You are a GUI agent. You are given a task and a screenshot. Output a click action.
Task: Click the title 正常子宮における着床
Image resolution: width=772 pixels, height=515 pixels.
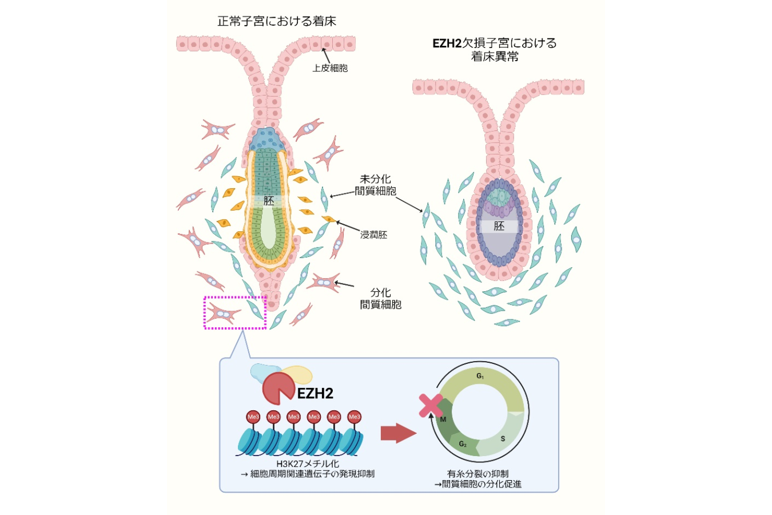277,21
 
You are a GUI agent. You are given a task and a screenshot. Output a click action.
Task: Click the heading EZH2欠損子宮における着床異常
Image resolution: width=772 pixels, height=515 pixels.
495,50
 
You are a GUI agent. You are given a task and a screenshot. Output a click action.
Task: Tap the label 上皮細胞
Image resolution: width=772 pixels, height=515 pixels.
330,68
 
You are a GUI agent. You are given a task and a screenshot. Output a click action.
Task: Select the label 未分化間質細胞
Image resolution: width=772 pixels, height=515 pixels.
375,185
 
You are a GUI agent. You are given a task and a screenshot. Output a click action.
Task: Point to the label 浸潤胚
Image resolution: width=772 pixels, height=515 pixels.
374,235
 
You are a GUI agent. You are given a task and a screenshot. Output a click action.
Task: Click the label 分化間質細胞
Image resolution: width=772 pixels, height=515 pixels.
380,299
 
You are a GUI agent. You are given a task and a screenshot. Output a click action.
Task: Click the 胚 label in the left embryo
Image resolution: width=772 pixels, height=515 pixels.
269,201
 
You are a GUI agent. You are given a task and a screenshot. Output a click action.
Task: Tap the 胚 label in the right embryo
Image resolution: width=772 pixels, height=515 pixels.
499,226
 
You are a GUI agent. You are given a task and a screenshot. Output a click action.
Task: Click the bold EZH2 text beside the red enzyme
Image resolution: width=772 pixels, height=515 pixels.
315,394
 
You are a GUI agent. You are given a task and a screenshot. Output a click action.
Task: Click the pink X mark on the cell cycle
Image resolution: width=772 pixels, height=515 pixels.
431,406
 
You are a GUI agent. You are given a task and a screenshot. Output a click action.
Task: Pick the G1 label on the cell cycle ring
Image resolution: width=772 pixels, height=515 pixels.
480,376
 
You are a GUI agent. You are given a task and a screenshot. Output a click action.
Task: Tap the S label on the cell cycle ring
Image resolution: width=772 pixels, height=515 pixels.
503,439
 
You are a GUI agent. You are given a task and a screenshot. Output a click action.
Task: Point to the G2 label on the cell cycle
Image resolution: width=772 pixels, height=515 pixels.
463,444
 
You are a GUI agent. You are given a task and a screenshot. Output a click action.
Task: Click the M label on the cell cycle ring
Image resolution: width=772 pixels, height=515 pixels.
443,419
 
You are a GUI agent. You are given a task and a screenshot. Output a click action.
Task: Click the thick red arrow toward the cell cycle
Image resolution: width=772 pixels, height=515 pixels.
399,433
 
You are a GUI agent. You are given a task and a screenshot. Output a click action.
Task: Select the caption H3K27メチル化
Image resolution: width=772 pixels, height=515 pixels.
308,464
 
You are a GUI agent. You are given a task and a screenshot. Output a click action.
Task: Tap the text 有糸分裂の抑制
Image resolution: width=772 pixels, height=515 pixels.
477,474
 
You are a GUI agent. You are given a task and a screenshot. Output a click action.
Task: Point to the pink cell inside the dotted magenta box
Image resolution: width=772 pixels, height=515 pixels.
223,314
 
